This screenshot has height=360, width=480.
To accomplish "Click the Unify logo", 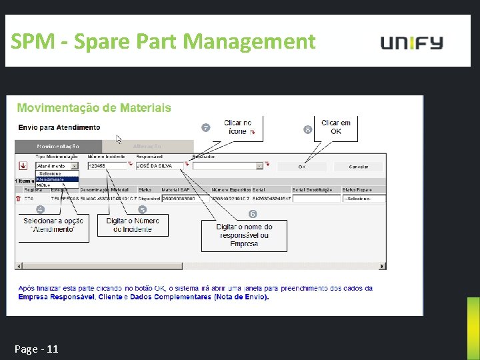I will pos(411,43).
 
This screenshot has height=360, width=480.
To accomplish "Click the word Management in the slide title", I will pos(249,42).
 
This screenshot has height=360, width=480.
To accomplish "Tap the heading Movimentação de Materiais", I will pos(94,108).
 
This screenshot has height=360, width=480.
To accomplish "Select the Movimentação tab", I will pos(58,146).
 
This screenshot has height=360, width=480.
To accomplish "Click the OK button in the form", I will pos(302,166).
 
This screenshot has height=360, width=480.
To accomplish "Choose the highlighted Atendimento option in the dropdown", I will pos(57,179).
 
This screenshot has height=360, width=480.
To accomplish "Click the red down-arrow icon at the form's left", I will pos(23,165).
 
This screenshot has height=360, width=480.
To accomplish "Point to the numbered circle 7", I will pos(206,127).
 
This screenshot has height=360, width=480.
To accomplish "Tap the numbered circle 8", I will pos(307,129).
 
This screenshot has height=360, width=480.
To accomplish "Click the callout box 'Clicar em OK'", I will pos(335,127).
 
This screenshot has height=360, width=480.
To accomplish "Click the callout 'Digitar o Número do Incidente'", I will pos(133,225).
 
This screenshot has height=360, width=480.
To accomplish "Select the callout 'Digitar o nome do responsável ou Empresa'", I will pos(244,235).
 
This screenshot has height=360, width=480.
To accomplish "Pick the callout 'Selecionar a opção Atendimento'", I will pos(54,225).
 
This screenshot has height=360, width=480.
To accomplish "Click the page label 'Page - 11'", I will pos(36,349).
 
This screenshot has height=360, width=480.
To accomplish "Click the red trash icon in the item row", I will pos(18,198).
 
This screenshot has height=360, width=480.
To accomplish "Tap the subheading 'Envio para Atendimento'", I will pos(59,127).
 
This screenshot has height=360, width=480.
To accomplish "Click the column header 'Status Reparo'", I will pos(358,189).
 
